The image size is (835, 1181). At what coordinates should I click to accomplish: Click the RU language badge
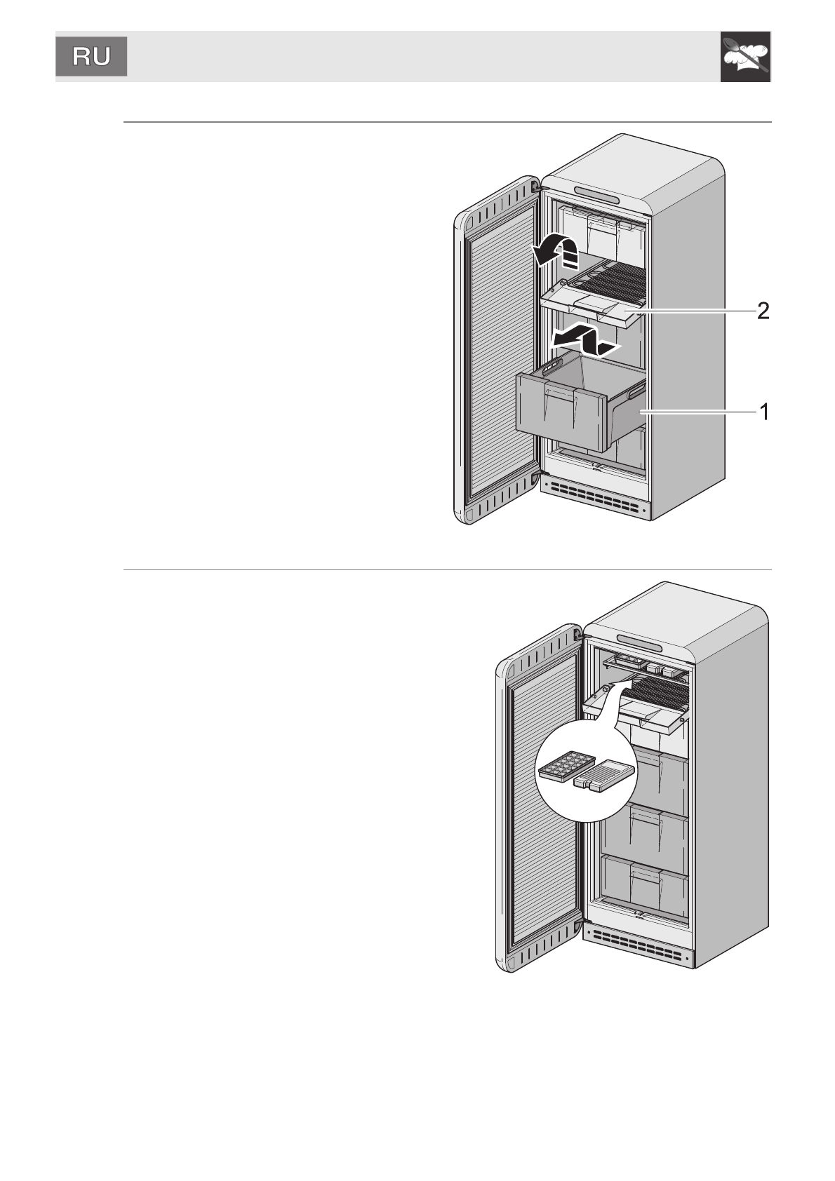tap(91, 57)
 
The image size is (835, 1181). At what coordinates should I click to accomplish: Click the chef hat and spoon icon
tap(745, 57)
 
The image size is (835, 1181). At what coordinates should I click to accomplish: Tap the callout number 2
tap(762, 311)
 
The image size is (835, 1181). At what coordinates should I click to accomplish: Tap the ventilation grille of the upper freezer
tap(596, 497)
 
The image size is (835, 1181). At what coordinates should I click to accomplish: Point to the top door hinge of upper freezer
tap(536, 187)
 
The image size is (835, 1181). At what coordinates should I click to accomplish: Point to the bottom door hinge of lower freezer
tap(578, 927)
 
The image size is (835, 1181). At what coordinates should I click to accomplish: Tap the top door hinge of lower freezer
tap(577, 635)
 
